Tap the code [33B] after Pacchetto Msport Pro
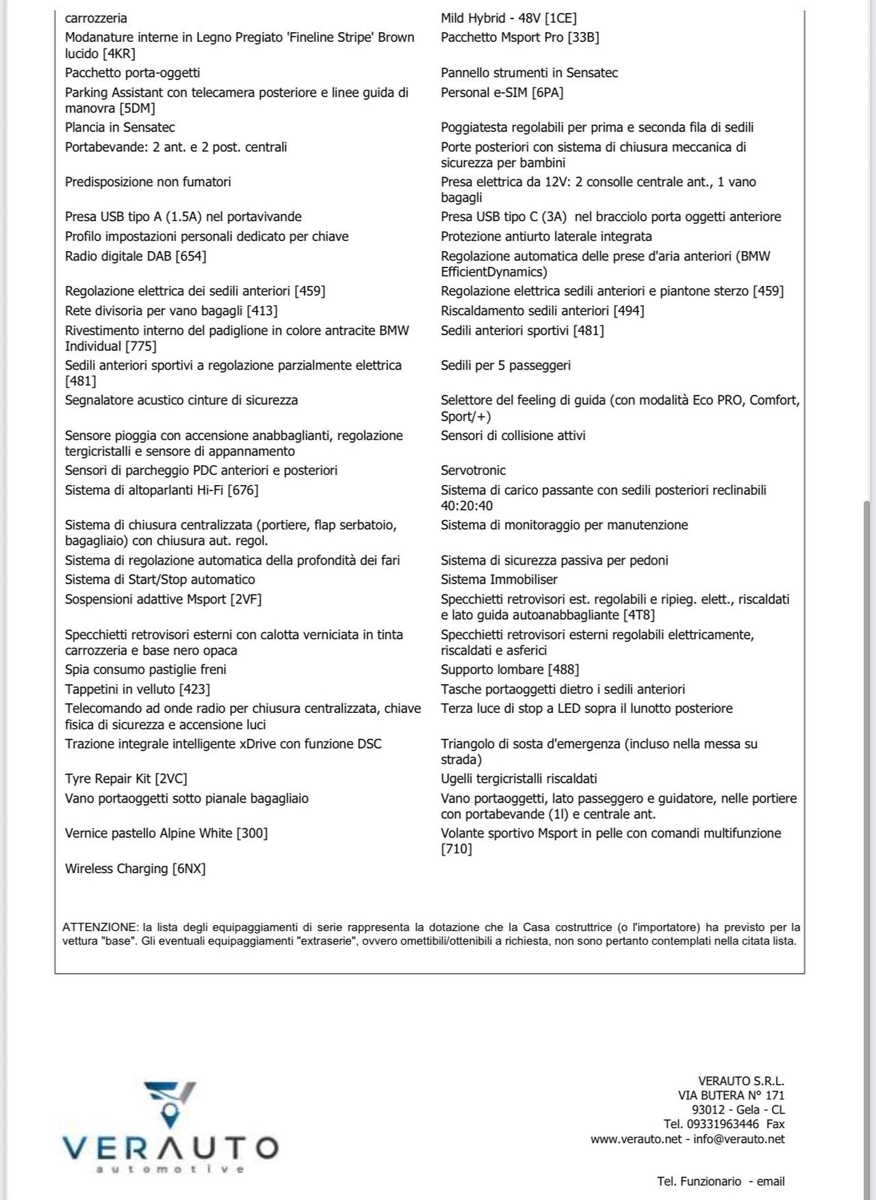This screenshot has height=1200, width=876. click(583, 38)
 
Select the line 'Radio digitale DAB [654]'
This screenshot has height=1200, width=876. click(136, 256)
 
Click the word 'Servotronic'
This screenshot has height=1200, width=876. click(473, 470)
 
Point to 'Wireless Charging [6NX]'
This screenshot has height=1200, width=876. click(136, 868)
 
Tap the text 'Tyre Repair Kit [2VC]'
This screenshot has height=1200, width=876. click(126, 779)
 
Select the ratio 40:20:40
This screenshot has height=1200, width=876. click(467, 506)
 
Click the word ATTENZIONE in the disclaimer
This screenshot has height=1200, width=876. click(100, 927)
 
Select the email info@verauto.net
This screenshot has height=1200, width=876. click(739, 1139)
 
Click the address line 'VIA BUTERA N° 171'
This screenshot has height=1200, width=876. click(731, 1095)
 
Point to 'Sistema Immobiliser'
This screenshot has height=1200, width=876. click(499, 579)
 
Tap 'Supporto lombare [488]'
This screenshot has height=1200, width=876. click(510, 669)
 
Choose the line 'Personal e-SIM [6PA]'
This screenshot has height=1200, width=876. click(502, 92)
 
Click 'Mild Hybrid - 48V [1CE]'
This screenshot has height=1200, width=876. click(508, 18)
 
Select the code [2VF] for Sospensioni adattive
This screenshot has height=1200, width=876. click(246, 599)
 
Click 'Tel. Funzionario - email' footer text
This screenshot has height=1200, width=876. click(721, 1181)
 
